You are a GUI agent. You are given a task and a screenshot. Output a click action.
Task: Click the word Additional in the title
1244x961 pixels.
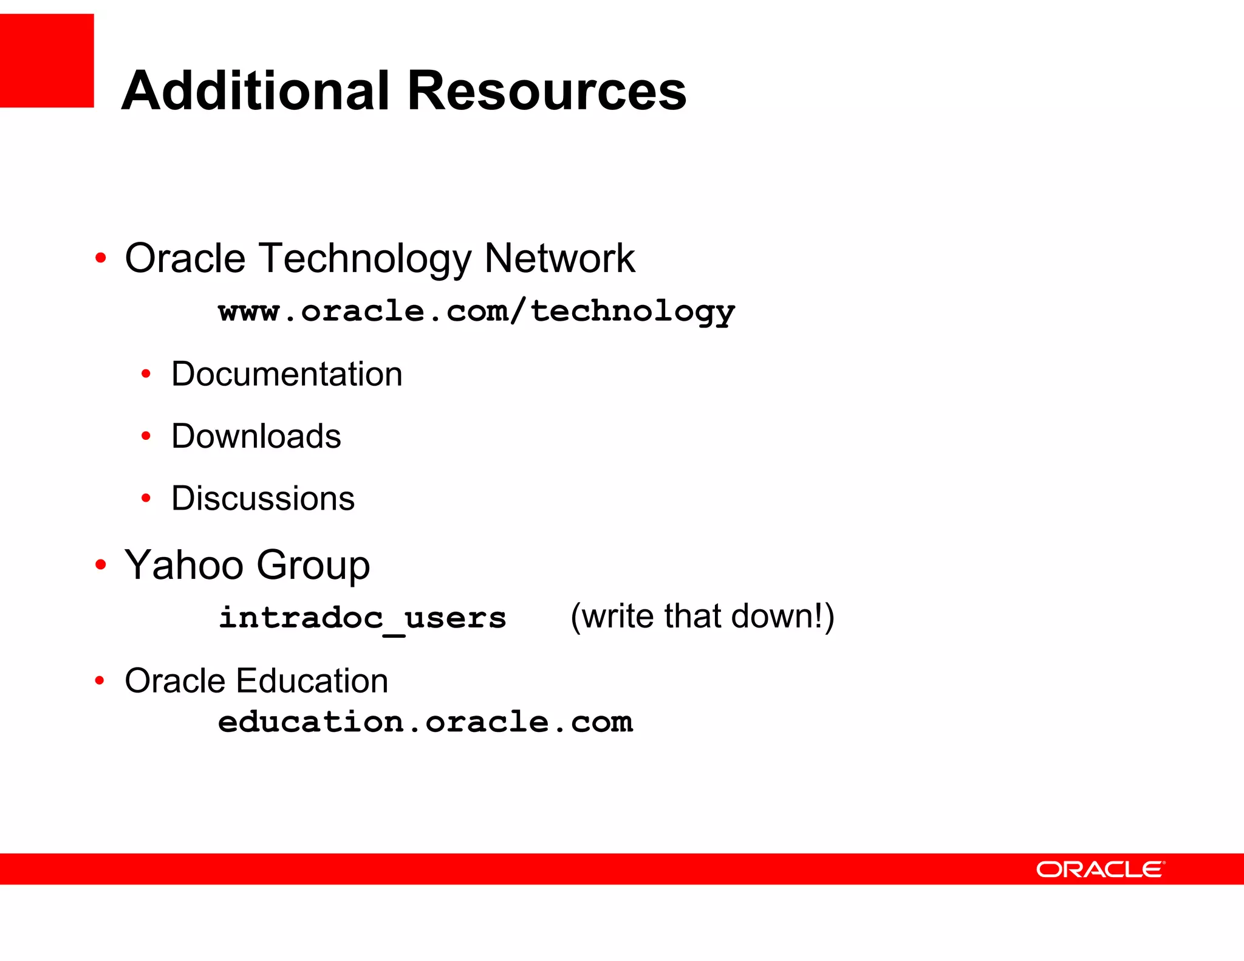click(x=255, y=91)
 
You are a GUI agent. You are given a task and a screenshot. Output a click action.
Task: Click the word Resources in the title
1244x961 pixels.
click(x=547, y=91)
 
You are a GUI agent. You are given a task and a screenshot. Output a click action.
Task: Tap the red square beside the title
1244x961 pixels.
click(x=47, y=61)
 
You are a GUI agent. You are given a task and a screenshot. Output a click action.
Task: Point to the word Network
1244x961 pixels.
click(x=559, y=258)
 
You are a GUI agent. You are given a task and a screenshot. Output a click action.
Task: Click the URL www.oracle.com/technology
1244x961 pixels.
click(x=476, y=311)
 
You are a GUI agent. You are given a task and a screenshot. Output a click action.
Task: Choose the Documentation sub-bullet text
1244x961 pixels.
click(x=287, y=374)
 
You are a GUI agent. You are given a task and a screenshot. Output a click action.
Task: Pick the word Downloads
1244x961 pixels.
click(x=256, y=436)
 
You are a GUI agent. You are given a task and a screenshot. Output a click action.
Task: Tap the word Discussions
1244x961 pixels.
click(x=263, y=499)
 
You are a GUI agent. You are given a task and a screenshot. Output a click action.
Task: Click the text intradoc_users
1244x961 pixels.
click(x=363, y=618)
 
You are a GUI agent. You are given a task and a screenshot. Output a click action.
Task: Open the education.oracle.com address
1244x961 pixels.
click(x=425, y=722)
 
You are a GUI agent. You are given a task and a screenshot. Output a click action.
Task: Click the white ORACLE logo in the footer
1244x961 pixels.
click(x=1100, y=869)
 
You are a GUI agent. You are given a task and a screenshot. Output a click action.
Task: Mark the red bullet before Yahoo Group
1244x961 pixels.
click(x=101, y=565)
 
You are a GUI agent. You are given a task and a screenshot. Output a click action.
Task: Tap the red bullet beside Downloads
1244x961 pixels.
click(x=146, y=436)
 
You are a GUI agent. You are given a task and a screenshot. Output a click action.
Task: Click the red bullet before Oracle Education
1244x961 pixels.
click(x=100, y=680)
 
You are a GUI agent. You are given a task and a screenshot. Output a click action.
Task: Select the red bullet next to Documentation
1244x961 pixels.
click(x=146, y=374)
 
